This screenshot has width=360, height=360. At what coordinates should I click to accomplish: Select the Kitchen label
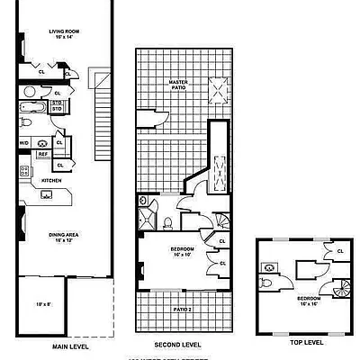51,180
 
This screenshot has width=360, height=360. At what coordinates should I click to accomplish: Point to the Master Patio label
178,82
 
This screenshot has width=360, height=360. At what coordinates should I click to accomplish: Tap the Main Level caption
69,346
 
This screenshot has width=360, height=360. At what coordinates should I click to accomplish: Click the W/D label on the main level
24,142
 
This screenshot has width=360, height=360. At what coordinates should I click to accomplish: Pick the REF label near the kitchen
42,154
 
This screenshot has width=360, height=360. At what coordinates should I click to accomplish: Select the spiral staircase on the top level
339,288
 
